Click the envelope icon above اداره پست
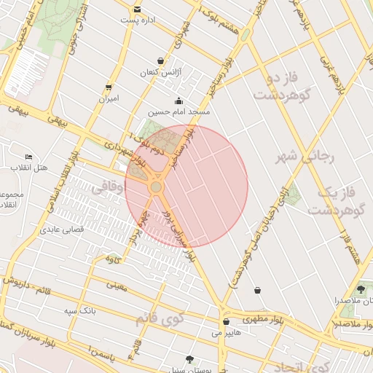click(138, 9)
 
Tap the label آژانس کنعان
click(160, 74)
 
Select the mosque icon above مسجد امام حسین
click(178, 101)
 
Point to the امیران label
click(109, 98)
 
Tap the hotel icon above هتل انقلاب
click(29, 157)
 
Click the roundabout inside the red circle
click(156, 187)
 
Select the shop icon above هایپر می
click(226, 321)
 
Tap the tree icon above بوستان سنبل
click(190, 359)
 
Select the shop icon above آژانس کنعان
click(160, 61)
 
